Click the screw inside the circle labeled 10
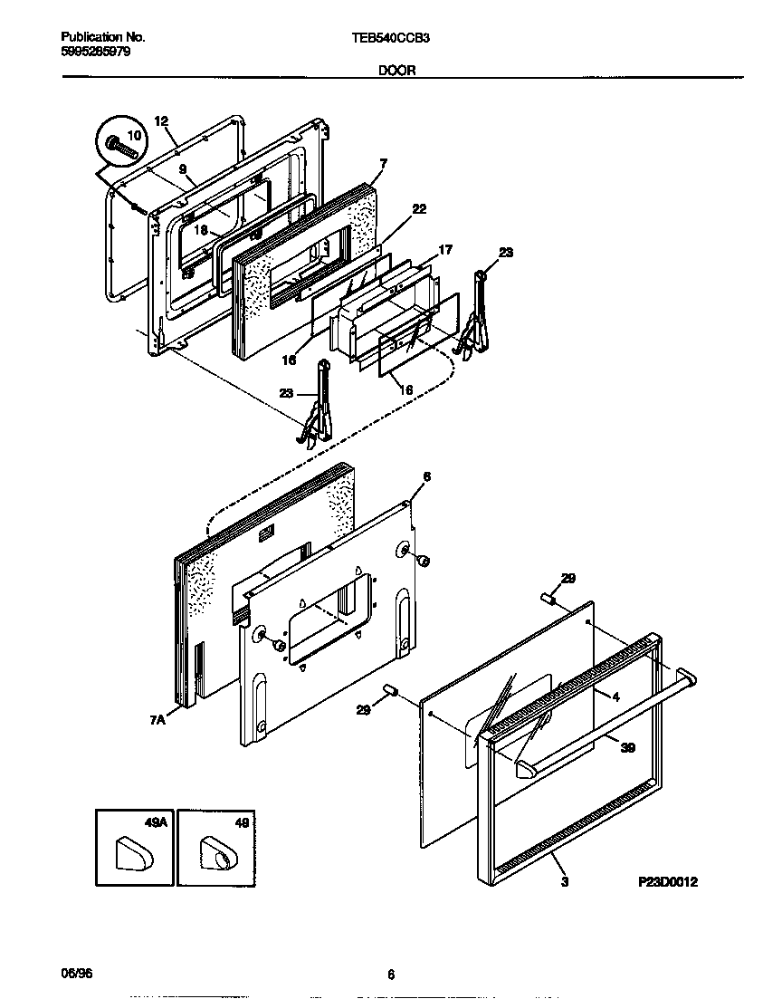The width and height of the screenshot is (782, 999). pos(117,144)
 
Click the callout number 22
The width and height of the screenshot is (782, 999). pos(418,208)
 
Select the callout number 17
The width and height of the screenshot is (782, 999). pos(445,250)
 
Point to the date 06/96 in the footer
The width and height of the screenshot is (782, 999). pos(76,974)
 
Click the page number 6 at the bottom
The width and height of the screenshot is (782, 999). pos(391,975)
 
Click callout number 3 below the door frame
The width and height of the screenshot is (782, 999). pos(565,881)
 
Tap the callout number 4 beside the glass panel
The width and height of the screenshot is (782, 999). pos(615,696)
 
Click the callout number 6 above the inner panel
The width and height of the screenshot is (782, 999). pos(426,476)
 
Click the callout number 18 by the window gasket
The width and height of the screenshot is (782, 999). pos(202,230)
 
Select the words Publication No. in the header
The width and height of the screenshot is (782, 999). pos(102,38)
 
